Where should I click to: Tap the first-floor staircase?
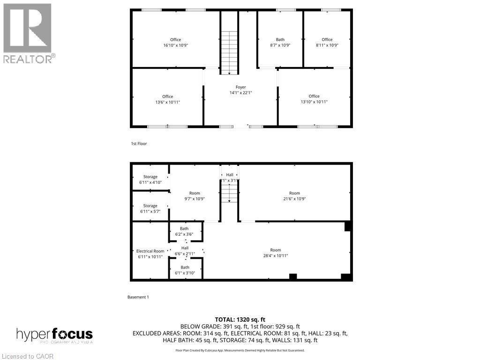[x=229, y=52]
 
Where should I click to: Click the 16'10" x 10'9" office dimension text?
[x=175, y=45]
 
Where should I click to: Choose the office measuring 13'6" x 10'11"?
[x=167, y=99]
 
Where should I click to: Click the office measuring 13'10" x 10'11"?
[x=314, y=99]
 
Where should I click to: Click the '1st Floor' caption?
[x=139, y=143]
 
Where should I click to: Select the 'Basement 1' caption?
[x=138, y=297]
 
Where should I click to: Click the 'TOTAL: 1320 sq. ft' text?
[x=240, y=319]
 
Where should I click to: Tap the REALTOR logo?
[x=28, y=33]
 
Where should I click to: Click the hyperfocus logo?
[x=54, y=335]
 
